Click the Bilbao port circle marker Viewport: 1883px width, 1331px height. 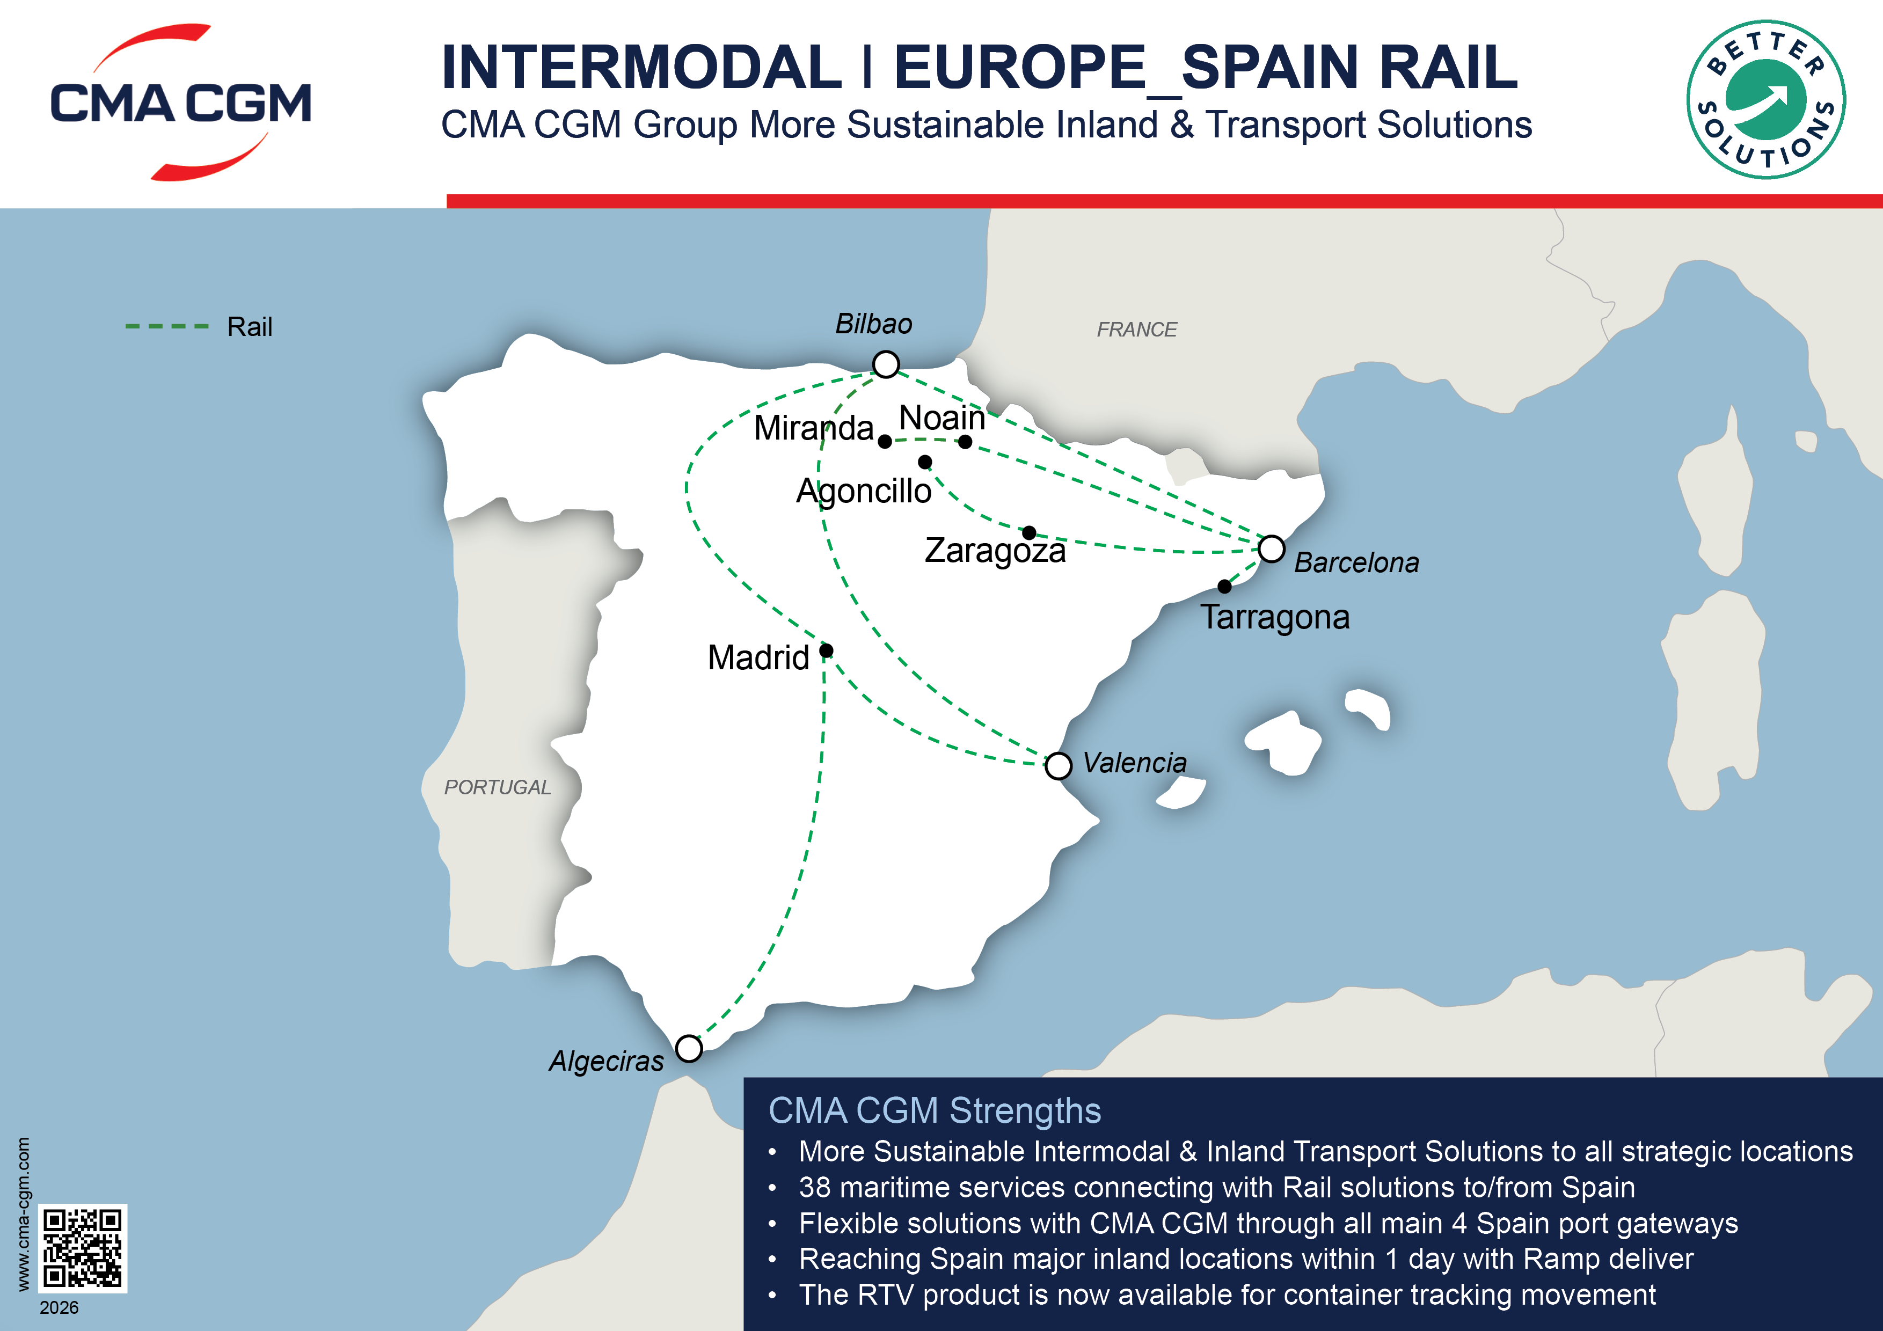(886, 364)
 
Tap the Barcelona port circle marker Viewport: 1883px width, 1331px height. (1271, 549)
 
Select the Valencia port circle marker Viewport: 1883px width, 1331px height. (1058, 766)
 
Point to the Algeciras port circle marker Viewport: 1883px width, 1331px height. (689, 1048)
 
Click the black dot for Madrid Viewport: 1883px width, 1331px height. (827, 650)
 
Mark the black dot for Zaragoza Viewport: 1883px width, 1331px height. (1029, 533)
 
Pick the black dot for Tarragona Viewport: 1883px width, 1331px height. (1224, 587)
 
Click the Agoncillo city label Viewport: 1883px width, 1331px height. (864, 491)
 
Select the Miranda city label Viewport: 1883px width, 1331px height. (814, 428)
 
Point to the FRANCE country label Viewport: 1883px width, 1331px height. (1137, 330)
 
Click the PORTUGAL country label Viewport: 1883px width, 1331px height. (497, 787)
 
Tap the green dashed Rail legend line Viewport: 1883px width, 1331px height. (166, 326)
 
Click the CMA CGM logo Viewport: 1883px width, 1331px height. (180, 103)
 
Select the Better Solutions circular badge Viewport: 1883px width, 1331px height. (1766, 99)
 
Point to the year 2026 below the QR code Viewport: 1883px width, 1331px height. (59, 1307)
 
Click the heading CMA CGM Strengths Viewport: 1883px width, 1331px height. (934, 1111)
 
